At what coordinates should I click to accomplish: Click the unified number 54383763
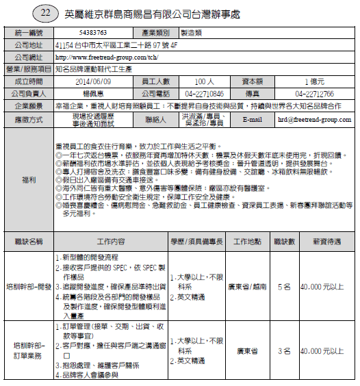[x=93, y=32]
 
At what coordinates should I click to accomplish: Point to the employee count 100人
[x=205, y=81]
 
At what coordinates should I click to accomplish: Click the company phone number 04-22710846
[x=205, y=93]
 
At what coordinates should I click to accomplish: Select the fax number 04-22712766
[x=315, y=93]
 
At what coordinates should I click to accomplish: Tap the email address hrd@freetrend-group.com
[x=314, y=119]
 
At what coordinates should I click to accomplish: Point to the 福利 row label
[x=28, y=179]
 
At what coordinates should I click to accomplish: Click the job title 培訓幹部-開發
[x=28, y=285]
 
